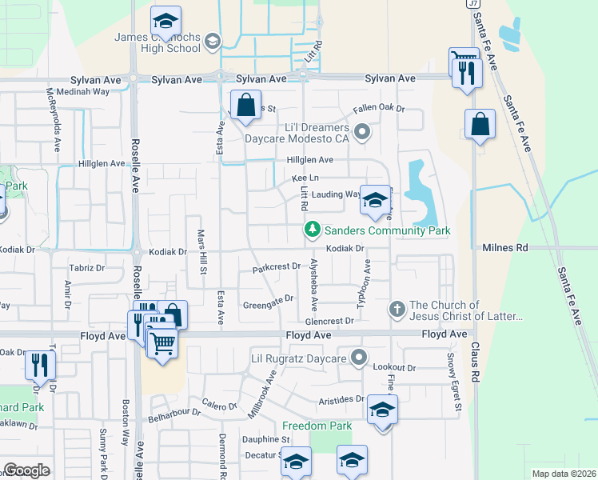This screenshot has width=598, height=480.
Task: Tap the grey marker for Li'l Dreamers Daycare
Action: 361,132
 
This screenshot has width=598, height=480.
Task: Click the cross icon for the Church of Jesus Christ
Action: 397,309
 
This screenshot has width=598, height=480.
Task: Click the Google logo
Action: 26,470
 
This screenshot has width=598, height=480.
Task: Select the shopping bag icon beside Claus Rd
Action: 479,125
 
